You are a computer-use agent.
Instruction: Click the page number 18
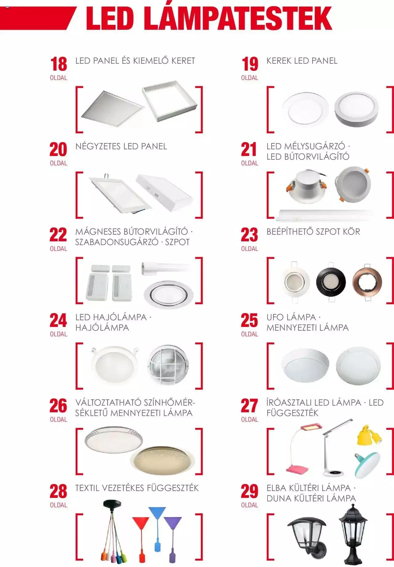[58, 64]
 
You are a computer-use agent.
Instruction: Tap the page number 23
[249, 235]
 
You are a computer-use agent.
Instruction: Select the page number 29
[249, 491]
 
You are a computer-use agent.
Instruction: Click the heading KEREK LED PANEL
[302, 61]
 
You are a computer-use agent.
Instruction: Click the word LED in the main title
[110, 18]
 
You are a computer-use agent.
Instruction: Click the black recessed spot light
[331, 282]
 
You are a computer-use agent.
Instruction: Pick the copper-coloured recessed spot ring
[367, 282]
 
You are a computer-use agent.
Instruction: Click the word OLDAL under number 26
[58, 419]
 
